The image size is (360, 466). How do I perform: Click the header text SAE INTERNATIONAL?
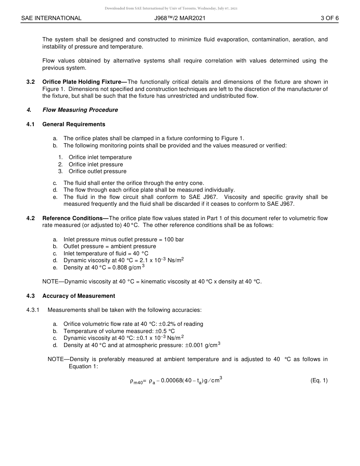coord(51,18)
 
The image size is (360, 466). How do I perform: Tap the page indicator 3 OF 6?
coord(329,18)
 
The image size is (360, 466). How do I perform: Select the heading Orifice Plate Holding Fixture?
coord(85,82)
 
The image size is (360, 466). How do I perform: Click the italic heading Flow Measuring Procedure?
coord(80,110)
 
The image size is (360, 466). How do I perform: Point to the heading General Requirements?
coord(74,124)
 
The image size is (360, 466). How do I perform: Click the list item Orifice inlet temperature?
coord(100,157)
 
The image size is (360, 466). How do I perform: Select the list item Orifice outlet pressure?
coord(97,171)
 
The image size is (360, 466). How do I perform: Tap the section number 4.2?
coord(31,218)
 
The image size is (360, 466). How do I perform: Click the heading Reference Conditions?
coord(75,218)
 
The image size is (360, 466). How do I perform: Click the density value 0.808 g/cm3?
coord(127,267)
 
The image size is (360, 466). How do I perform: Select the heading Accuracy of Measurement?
coord(78,296)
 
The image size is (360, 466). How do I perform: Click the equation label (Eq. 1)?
coord(319,381)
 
